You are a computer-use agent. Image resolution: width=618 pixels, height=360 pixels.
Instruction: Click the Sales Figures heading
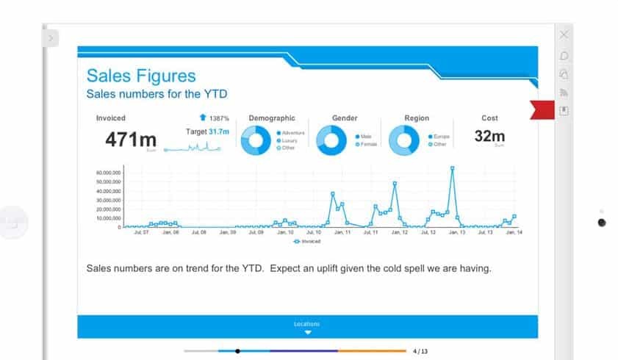coord(141,76)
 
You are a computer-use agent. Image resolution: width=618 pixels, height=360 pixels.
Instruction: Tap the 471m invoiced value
coord(130,139)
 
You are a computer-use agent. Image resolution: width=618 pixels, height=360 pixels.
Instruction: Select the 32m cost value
coord(489,137)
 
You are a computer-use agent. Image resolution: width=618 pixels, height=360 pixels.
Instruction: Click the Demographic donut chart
coord(256,140)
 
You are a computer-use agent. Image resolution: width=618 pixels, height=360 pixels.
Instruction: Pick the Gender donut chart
coord(331,140)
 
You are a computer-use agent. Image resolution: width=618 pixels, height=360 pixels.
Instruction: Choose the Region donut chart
coord(403,140)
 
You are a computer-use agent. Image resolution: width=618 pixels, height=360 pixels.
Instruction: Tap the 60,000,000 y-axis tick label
coord(108,173)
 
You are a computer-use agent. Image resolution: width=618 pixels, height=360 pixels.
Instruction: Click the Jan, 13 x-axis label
coord(456,232)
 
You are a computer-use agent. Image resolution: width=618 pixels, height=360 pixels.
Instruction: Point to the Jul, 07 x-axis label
coord(142,232)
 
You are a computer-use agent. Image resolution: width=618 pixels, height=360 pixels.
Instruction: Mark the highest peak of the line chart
coord(452,168)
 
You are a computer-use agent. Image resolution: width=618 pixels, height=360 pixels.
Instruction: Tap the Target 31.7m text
coord(207,132)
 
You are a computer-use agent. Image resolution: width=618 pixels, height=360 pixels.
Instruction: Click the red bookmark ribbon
coord(544,110)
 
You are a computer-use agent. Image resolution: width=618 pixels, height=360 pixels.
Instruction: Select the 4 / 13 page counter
coord(420,351)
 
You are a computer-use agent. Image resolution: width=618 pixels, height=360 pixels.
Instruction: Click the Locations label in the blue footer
coord(307,323)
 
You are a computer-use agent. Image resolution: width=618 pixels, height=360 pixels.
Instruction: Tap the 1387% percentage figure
coord(219,118)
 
